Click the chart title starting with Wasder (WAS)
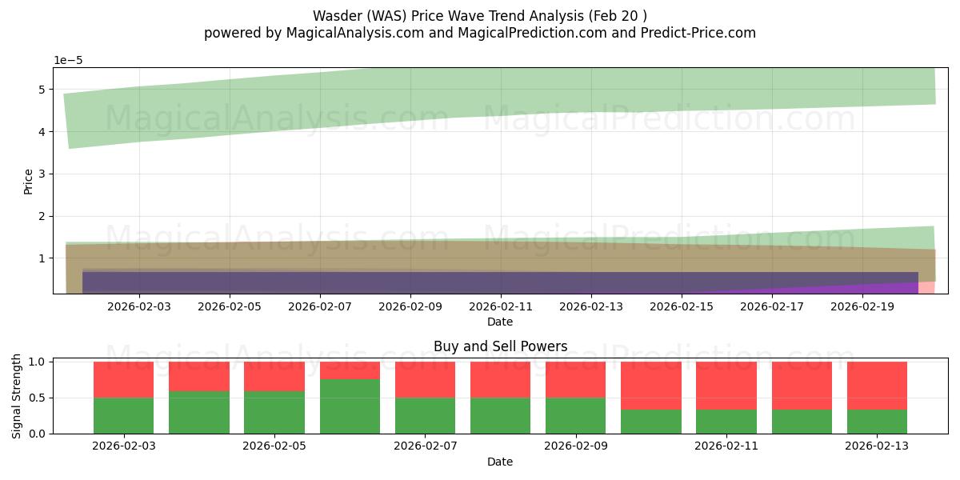[479, 15]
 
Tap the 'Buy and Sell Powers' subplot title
[500, 346]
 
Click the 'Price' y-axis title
[29, 181]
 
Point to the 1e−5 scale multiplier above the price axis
[69, 60]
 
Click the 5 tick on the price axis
[41, 89]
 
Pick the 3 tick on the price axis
[41, 174]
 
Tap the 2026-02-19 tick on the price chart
[862, 306]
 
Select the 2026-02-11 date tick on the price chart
[501, 306]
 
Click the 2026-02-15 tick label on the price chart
[682, 306]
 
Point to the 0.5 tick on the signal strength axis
[36, 398]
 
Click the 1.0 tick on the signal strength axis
[36, 362]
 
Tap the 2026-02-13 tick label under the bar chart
[877, 446]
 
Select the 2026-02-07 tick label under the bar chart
[425, 446]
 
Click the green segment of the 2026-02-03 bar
[123, 415]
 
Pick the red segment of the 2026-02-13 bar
[877, 386]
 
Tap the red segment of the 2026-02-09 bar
[575, 379]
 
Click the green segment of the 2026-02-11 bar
[726, 422]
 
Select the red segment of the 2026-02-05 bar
[274, 376]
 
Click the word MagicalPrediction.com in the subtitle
[547, 33]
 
